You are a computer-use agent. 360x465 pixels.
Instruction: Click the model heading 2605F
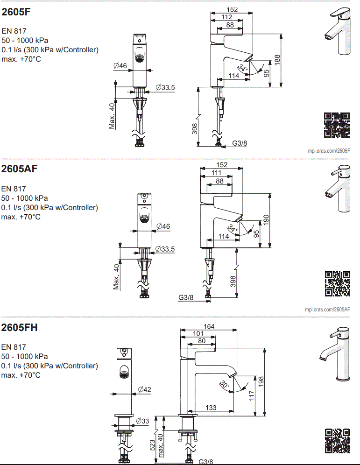tap(16, 13)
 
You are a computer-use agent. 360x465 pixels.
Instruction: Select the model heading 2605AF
tap(19, 169)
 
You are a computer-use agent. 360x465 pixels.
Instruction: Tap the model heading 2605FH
tap(19, 327)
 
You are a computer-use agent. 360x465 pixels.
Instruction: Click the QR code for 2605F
tap(337, 125)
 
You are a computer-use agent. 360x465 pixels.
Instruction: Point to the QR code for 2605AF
tap(337, 284)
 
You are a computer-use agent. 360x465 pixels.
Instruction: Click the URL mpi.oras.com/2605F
tap(329, 150)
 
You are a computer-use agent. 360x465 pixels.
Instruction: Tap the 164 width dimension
tap(209, 327)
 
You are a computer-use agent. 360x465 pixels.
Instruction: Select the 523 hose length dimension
tap(152, 444)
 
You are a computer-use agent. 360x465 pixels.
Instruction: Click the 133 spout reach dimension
tap(211, 408)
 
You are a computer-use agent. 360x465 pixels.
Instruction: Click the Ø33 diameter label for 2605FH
tap(142, 421)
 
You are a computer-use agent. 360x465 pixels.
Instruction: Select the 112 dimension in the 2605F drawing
tap(227, 17)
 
